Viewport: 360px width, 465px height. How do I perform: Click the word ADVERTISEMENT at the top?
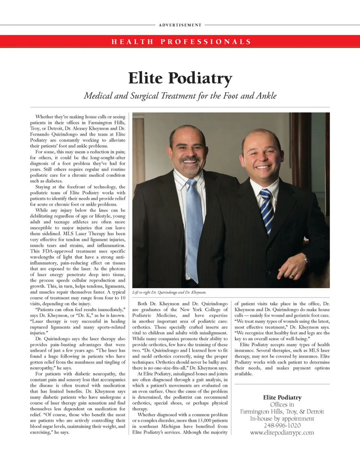click(x=180, y=25)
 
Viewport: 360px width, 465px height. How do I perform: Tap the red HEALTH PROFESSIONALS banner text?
click(x=181, y=42)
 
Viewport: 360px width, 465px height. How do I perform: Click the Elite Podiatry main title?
click(x=180, y=78)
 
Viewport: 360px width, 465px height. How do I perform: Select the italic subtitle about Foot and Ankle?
click(x=180, y=96)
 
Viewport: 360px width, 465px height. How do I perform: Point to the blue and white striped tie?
click(x=267, y=210)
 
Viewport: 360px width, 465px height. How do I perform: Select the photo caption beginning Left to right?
click(x=169, y=292)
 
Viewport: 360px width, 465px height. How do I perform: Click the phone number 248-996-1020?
click(x=282, y=425)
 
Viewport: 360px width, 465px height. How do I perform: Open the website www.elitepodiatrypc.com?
click(x=282, y=432)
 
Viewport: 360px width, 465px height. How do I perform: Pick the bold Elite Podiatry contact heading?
click(x=282, y=398)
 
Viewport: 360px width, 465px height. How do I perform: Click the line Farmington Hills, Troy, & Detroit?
click(x=282, y=411)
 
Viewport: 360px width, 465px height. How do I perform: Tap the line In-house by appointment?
click(x=282, y=419)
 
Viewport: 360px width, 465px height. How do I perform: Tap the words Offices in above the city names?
click(x=282, y=405)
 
